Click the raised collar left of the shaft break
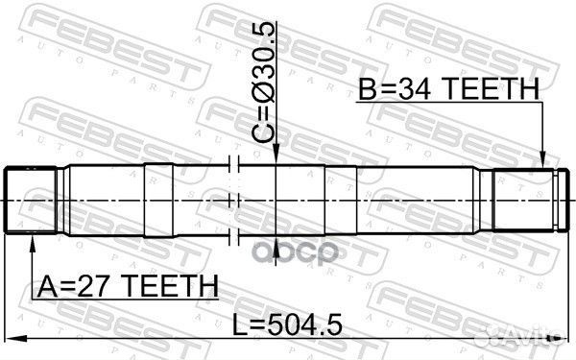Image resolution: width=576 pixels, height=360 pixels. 161,199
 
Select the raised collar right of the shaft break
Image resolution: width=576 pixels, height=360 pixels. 342,199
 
